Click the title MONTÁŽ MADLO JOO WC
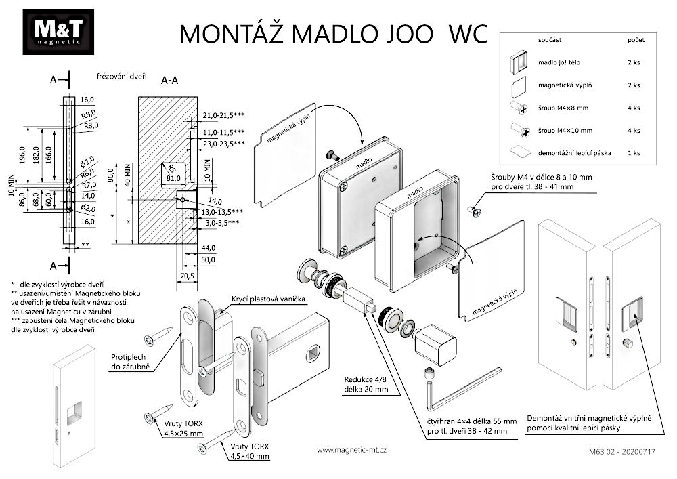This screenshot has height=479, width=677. pos(332,33)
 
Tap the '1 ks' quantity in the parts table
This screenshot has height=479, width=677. pos(633,153)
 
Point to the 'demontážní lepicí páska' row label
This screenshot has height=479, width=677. pos(574,153)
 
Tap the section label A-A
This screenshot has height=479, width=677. pos(169,80)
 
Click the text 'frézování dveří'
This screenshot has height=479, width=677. pos(123,77)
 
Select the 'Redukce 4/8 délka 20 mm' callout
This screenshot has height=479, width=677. pos(368,385)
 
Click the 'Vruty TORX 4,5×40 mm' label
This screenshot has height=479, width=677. pos(248,451)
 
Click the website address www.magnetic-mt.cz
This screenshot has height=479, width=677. pos(351,449)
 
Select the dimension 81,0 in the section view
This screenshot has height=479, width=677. pos(174,179)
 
